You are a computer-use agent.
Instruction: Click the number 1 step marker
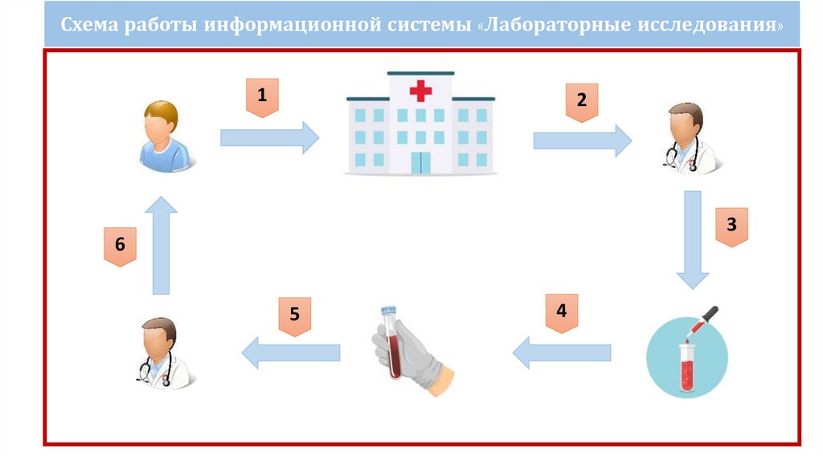[x=261, y=96]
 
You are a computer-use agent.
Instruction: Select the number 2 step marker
[x=581, y=101]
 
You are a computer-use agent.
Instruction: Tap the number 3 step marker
[x=731, y=226]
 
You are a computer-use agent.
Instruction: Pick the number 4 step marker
[x=562, y=311]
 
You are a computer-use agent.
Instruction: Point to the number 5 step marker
[x=295, y=314]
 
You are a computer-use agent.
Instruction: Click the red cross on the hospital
[x=420, y=89]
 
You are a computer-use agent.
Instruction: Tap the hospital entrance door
[x=420, y=161]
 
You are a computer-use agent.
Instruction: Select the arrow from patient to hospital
[x=269, y=138]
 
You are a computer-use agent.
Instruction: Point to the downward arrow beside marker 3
[x=692, y=239]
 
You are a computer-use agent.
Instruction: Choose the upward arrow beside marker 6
[x=162, y=245]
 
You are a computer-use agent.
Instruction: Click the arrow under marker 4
[x=562, y=352]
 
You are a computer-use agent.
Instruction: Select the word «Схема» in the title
[x=89, y=26]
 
